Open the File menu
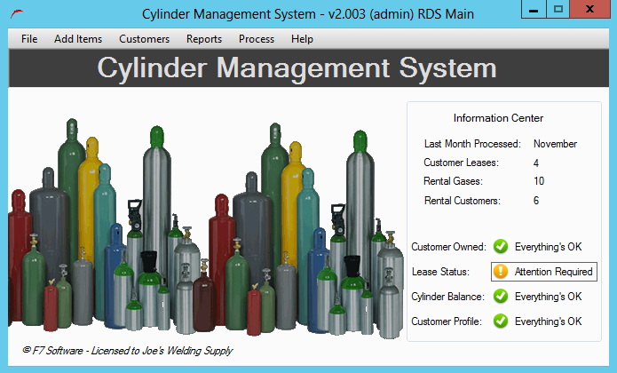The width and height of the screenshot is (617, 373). click(29, 39)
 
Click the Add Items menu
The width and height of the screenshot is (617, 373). click(78, 39)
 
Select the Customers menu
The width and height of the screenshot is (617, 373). click(144, 39)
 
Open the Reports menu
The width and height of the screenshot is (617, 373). click(204, 39)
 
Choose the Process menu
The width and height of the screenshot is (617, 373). click(257, 39)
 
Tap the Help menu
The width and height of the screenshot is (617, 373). click(302, 39)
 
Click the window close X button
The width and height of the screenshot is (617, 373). click(589, 9)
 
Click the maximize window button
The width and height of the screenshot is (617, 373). click(558, 9)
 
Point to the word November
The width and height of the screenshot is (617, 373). click(555, 144)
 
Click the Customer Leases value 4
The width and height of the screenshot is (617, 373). click(536, 163)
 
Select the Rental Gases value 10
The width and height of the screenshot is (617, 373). click(539, 181)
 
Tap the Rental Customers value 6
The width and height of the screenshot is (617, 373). click(536, 201)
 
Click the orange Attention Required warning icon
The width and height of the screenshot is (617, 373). click(501, 272)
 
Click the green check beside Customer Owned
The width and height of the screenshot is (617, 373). click(501, 247)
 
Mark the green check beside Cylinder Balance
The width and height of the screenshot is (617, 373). click(501, 297)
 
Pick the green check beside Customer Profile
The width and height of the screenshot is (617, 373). click(501, 321)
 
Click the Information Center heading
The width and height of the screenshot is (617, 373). click(498, 118)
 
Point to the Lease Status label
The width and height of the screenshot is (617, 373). click(440, 272)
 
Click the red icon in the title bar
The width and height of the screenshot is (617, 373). click(17, 14)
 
